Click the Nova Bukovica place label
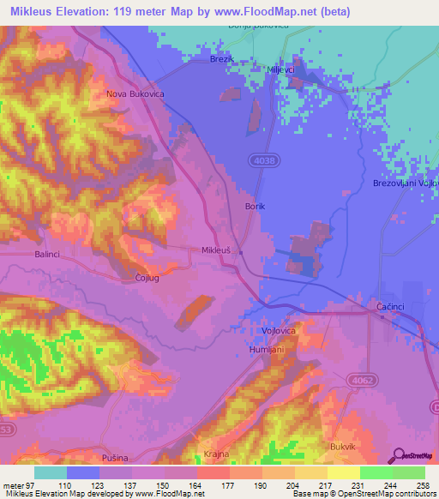point(134,93)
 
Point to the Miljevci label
point(281,69)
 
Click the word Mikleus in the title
point(32,10)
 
